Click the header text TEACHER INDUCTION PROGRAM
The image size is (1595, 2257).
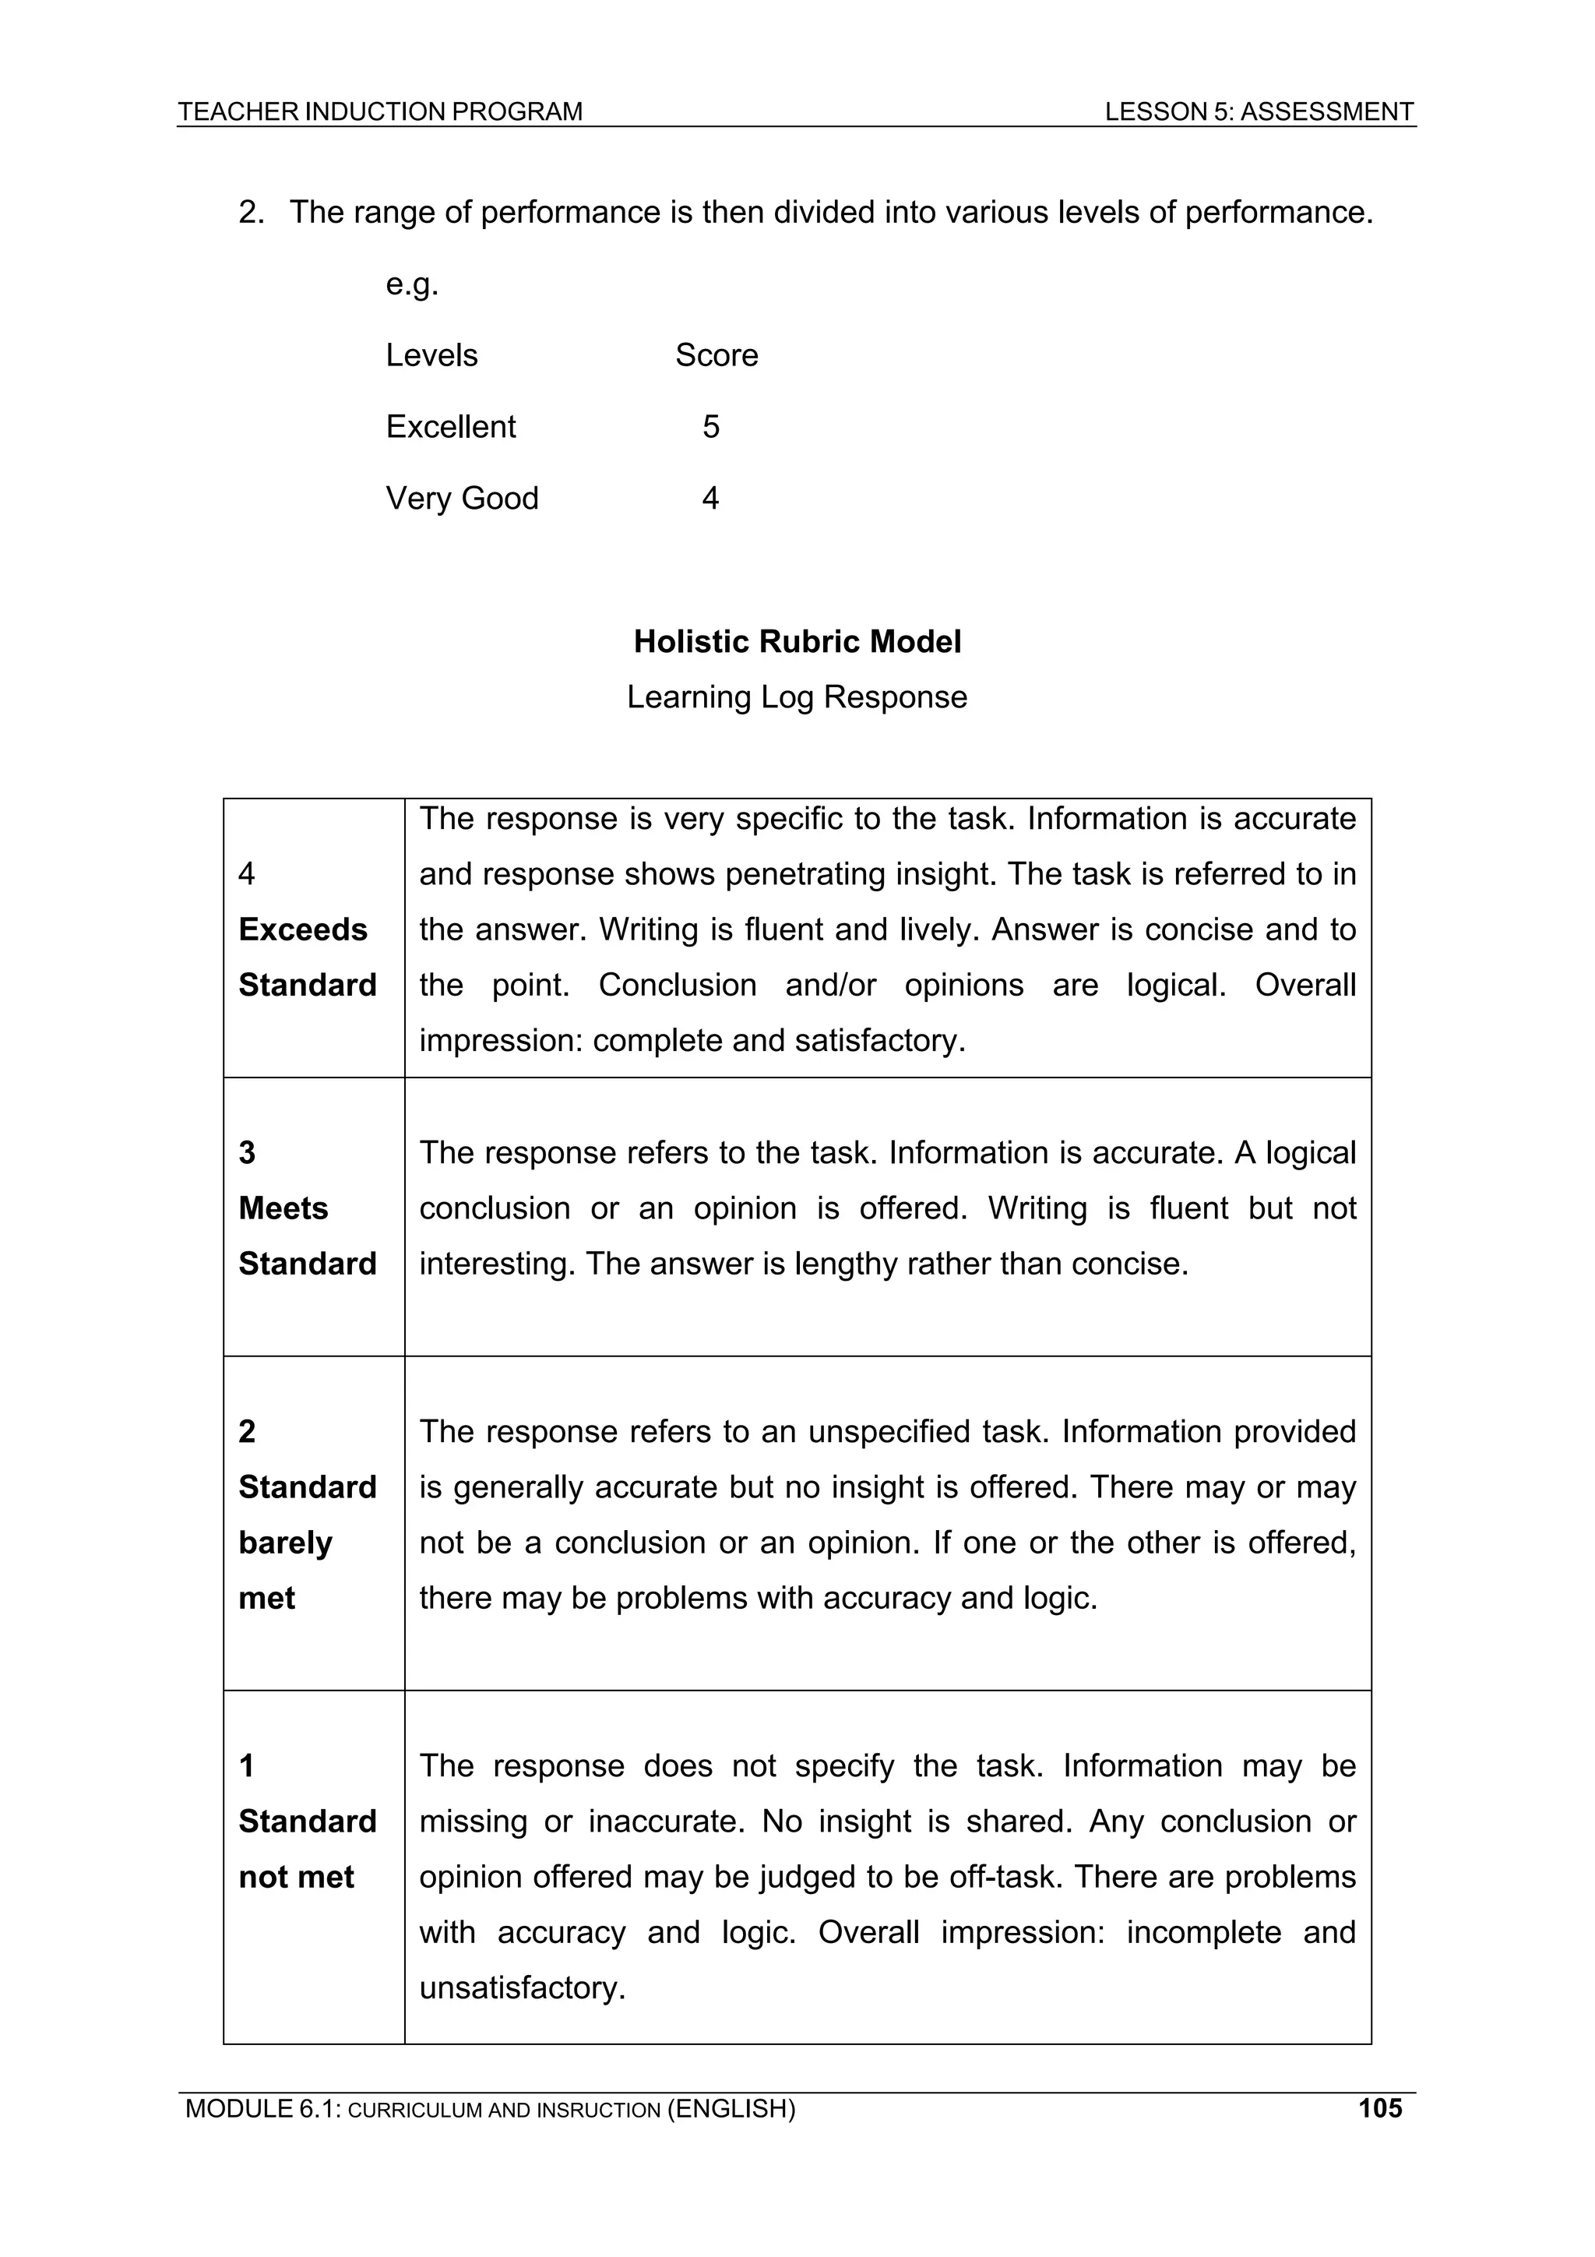(x=379, y=112)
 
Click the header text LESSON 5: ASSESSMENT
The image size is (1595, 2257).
(x=1258, y=112)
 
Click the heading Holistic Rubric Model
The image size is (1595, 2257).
(x=797, y=642)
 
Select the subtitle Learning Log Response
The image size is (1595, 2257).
(x=797, y=697)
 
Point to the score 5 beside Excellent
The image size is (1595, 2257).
(x=710, y=427)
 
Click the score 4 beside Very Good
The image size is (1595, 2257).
(x=709, y=499)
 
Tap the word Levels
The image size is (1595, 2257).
(x=431, y=354)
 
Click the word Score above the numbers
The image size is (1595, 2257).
(x=717, y=354)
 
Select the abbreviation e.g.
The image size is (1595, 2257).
(x=412, y=284)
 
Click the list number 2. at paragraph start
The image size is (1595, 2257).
(x=252, y=213)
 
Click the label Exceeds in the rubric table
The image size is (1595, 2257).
(x=303, y=929)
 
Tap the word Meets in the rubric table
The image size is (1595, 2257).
(x=283, y=1208)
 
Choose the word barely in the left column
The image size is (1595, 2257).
(x=285, y=1543)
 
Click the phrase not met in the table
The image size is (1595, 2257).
(x=296, y=1877)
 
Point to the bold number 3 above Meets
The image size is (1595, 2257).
(x=247, y=1152)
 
